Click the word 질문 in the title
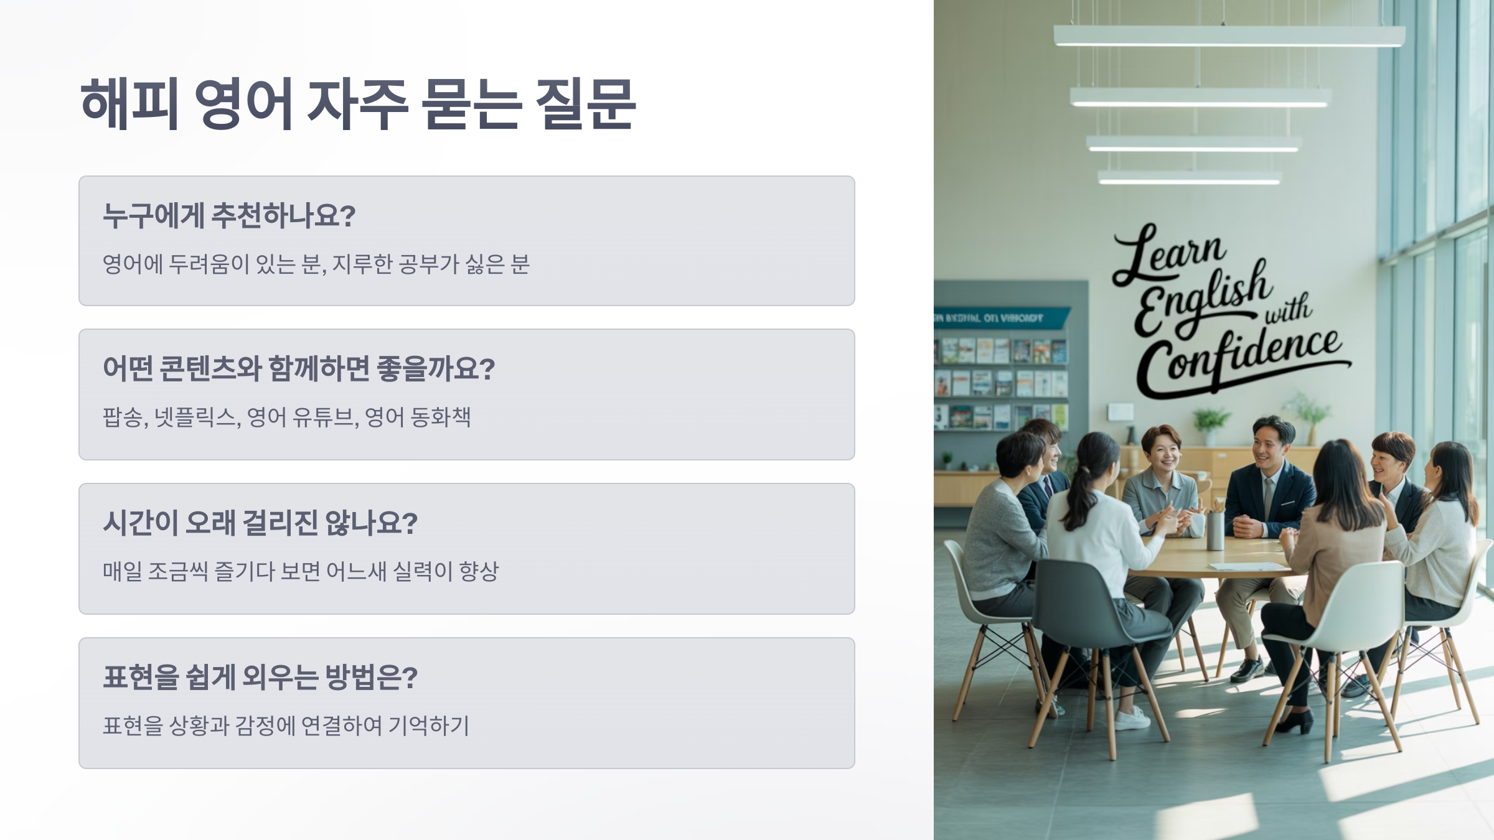585,104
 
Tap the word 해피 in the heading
130,104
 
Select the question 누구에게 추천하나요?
228,216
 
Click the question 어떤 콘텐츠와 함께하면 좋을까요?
298,369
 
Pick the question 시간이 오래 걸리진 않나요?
260,523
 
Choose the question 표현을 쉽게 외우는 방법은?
260,677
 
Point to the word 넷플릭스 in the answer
195,417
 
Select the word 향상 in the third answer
479,571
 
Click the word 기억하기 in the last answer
429,726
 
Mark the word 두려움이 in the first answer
209,264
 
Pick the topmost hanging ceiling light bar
1229,36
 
